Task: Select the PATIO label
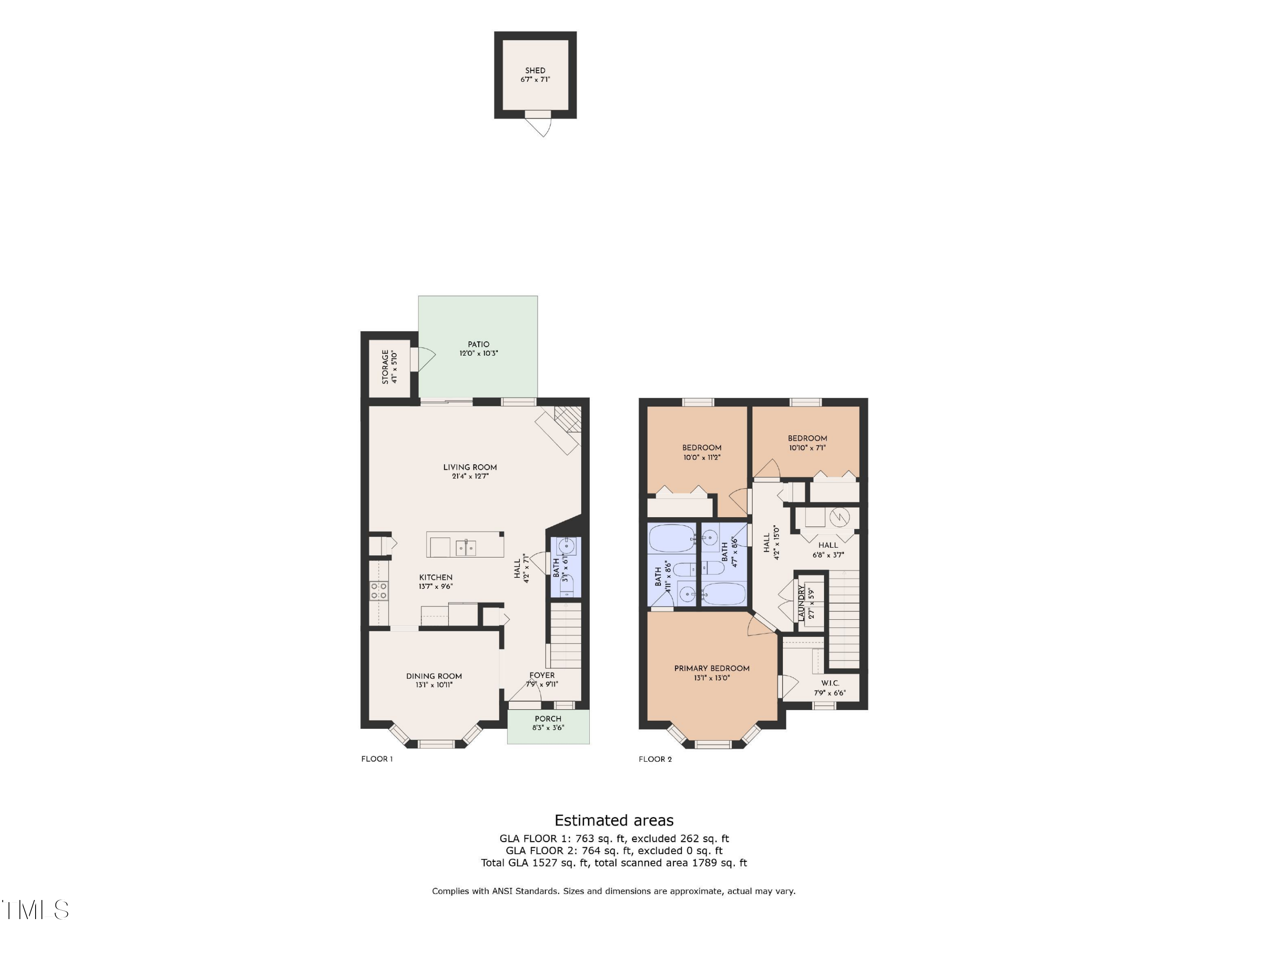478,344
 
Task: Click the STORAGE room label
386,367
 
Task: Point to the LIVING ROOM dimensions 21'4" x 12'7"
470,476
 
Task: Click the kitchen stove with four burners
379,591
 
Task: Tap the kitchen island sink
466,548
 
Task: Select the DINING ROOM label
434,676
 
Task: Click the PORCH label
547,719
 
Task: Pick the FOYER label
542,675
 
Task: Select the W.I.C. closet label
830,683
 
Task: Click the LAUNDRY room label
802,602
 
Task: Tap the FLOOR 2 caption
655,759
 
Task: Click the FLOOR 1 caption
377,759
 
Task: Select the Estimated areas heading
613,820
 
